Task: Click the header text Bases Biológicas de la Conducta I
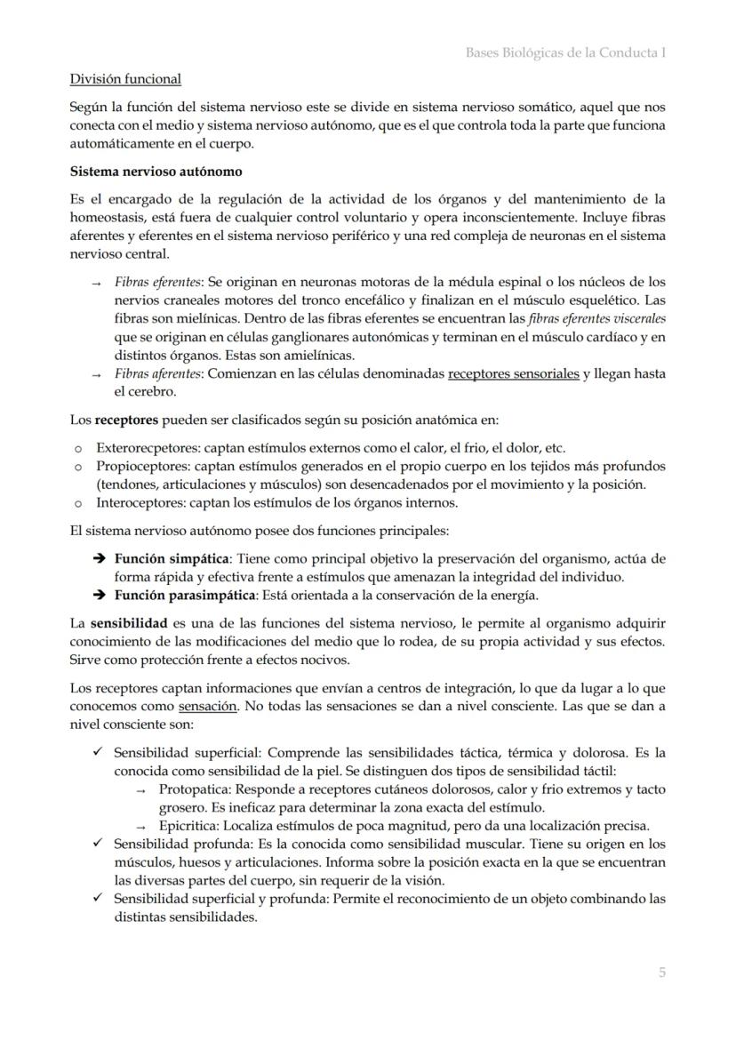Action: (x=565, y=52)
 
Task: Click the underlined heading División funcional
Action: (x=125, y=79)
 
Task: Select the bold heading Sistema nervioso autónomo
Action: (x=156, y=171)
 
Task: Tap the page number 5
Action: (x=661, y=973)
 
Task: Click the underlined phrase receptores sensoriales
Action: (x=513, y=374)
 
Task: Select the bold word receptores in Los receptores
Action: (x=126, y=419)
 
